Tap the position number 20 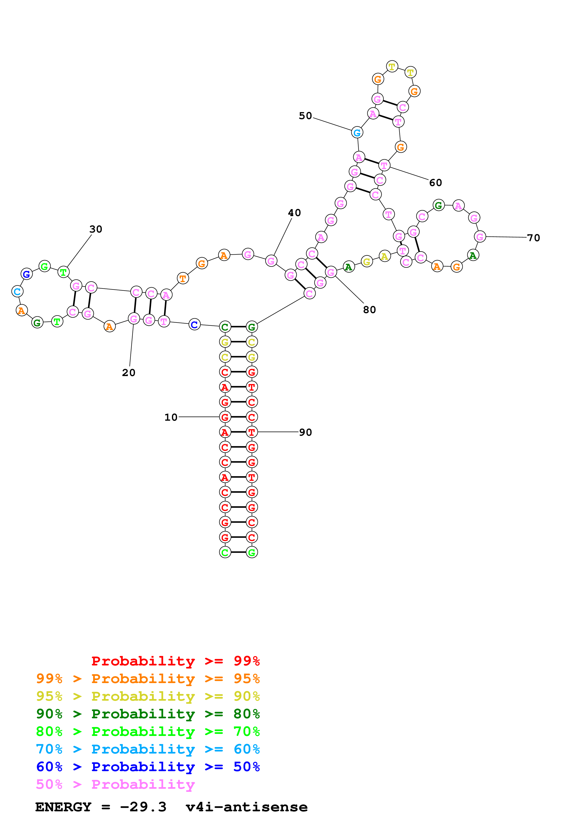[129, 373]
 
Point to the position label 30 [95, 229]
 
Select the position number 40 [294, 213]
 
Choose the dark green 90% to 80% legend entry [148, 714]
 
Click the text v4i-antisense [246, 807]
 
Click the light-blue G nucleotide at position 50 [357, 133]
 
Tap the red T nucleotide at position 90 [251, 432]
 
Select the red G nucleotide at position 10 [225, 417]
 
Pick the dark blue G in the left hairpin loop [26, 274]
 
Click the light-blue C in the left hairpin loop [17, 292]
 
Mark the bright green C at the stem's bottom [225, 552]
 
